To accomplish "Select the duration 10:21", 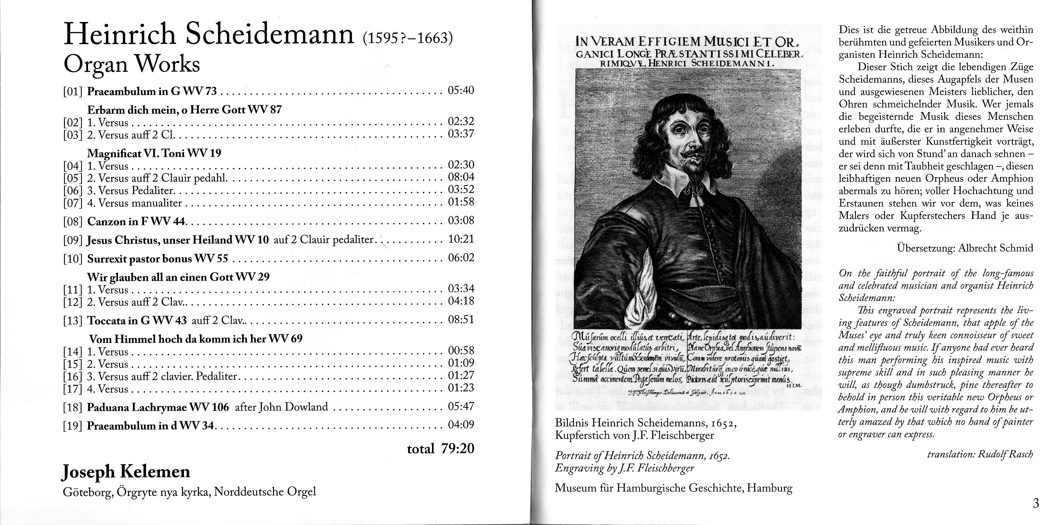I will click(x=461, y=239).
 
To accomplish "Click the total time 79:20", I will click(x=458, y=448).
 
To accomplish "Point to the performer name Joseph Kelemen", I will click(x=126, y=472).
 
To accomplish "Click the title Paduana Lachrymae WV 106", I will click(x=158, y=407).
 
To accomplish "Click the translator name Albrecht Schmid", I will click(x=995, y=248).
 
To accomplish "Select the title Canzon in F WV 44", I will click(x=136, y=222).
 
